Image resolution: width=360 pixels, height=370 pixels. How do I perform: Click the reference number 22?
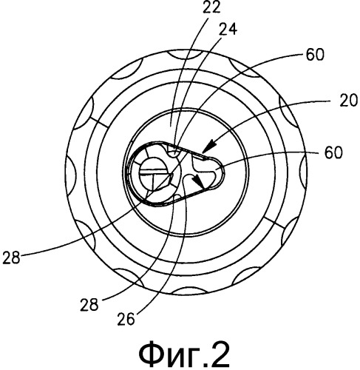pos(211,7)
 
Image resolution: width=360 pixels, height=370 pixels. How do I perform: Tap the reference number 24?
pos(228,29)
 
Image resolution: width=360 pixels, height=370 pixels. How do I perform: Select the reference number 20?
pos(348,101)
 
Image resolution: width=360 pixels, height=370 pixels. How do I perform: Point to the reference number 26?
pos(126,319)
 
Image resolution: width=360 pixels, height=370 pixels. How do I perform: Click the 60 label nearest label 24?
pos(315,55)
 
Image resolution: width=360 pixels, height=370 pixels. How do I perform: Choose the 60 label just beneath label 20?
pos(333,152)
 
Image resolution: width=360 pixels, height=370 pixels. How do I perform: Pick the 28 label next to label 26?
pos(89,305)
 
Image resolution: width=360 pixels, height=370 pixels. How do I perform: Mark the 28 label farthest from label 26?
pos(11,258)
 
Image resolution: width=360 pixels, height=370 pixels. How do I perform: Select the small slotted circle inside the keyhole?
pos(154,173)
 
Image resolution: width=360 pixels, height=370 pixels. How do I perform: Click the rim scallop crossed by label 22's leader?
pos(183,54)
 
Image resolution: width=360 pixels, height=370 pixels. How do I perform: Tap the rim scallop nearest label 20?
pos(287,111)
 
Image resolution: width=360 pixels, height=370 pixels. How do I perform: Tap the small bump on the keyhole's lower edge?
pos(177,196)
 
